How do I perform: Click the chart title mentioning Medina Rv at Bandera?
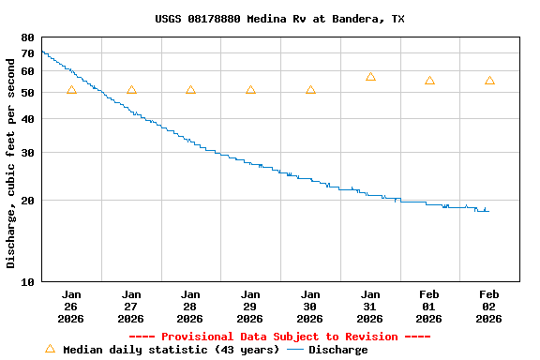pos(279,19)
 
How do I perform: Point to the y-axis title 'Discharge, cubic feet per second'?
pos(11,160)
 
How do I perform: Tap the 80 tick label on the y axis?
pos(27,37)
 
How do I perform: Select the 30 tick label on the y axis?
pos(27,153)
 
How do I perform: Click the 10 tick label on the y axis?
pos(27,281)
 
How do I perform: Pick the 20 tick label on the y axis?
pos(27,201)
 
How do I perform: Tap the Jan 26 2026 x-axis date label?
pos(71,307)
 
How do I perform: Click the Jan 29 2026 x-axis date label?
pos(250,307)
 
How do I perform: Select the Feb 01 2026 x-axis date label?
pos(429,307)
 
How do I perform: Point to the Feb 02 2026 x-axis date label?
pos(489,307)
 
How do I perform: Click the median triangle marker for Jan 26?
pos(71,90)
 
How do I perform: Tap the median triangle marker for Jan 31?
pos(370,77)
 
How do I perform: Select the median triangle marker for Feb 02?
pos(489,81)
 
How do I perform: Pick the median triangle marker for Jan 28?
pos(190,90)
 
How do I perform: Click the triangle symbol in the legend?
pos(50,349)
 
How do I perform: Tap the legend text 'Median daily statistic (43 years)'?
pos(171,350)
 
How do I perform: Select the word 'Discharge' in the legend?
pos(338,350)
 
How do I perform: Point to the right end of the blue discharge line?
pos(488,211)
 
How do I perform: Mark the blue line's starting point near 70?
pos(43,52)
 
